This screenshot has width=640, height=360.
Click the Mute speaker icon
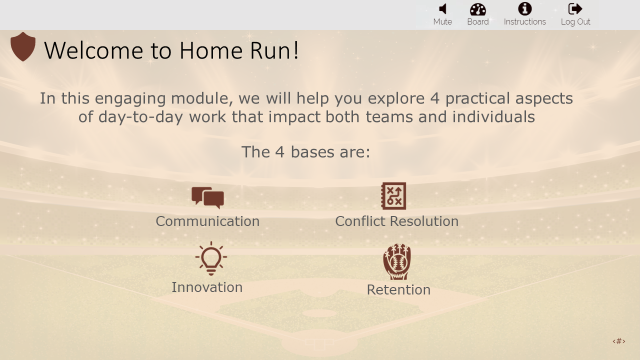[443, 9]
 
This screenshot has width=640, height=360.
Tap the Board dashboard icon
[478, 9]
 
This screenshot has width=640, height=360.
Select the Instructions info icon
[525, 9]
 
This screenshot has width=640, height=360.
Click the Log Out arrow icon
[575, 9]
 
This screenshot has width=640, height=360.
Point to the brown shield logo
[23, 46]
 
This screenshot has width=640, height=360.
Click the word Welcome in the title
[93, 50]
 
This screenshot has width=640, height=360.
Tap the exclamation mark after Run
[296, 50]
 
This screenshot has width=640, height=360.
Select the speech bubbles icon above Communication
[207, 197]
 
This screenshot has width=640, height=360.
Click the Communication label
[207, 221]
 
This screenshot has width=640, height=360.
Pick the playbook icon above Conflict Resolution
[393, 196]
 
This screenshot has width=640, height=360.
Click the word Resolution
[424, 221]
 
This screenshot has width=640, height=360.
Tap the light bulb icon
[211, 258]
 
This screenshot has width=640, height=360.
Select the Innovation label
[207, 287]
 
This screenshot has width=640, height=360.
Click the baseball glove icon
[397, 261]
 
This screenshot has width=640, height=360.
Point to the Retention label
[398, 289]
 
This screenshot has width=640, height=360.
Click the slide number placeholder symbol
[619, 341]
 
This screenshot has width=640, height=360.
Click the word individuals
[493, 117]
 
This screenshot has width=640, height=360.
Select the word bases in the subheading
[312, 152]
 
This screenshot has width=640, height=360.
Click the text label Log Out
[575, 22]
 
